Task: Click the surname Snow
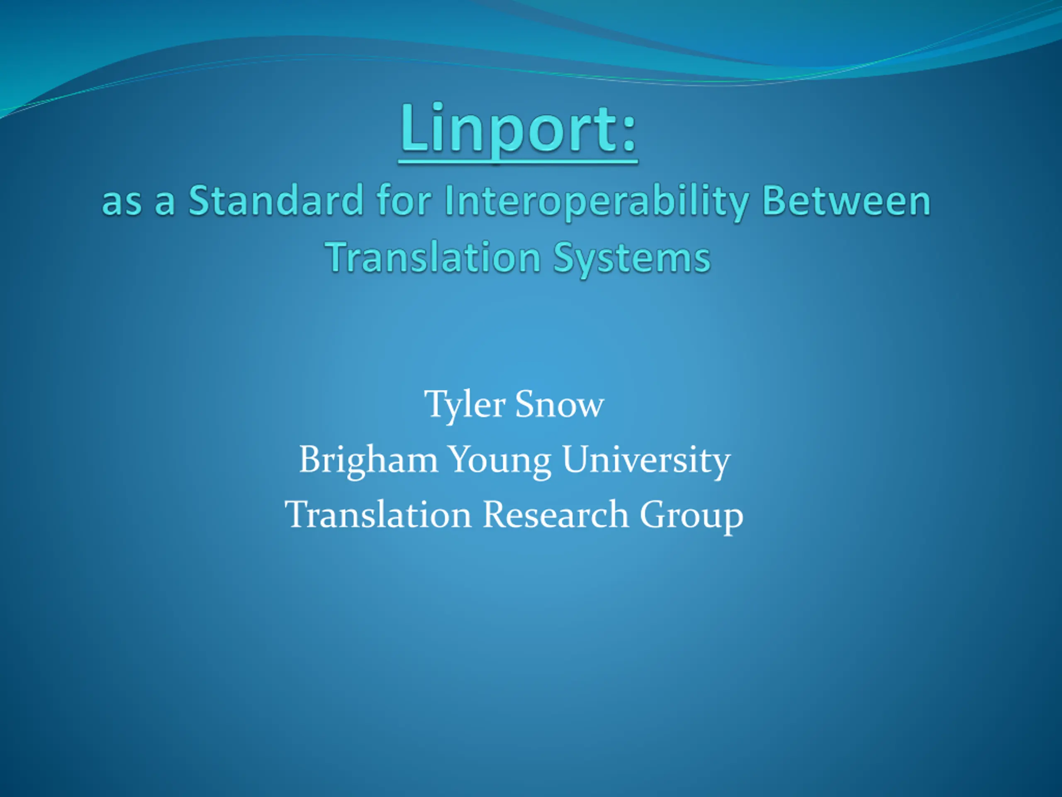click(560, 404)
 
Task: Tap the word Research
click(555, 514)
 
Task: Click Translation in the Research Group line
click(378, 514)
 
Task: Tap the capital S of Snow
click(525, 404)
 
